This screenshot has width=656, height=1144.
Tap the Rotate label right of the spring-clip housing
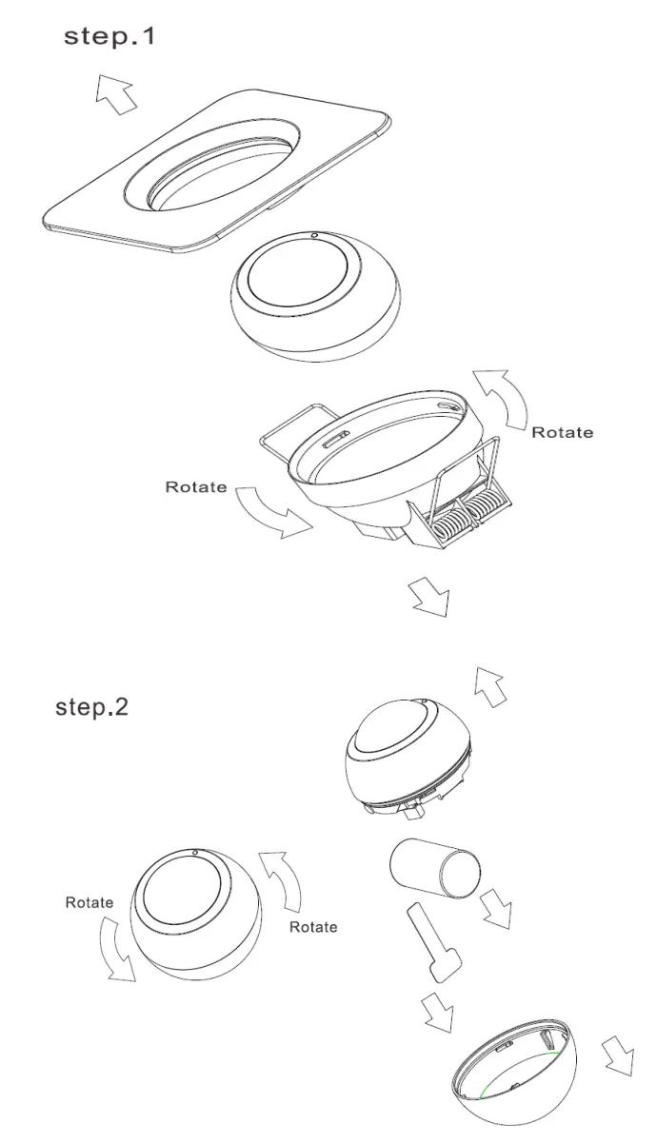point(562,432)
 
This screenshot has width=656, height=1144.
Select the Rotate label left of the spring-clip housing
point(196,486)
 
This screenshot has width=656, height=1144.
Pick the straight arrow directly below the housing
point(427,597)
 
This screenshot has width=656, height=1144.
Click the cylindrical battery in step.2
point(434,868)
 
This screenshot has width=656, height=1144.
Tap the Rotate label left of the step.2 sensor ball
point(89,902)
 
